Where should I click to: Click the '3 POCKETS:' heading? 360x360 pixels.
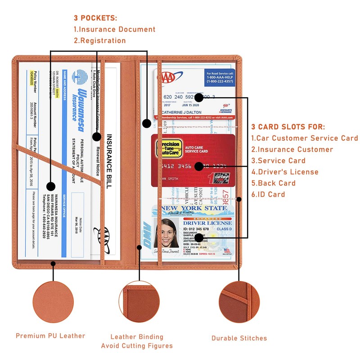[95, 18]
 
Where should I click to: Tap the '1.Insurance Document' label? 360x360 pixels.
[114, 30]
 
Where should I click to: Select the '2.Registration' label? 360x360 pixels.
[100, 41]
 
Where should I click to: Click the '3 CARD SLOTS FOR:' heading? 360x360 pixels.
[288, 127]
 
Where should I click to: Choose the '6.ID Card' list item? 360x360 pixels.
[268, 194]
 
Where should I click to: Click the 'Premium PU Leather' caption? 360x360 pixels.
[50, 336]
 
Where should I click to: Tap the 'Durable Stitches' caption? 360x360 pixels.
[239, 338]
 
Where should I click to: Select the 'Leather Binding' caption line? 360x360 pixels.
[137, 337]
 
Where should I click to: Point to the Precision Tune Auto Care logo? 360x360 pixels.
[167, 149]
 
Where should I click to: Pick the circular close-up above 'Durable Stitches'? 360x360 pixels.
[239, 302]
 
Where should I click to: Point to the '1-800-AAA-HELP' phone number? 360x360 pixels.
[220, 77]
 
